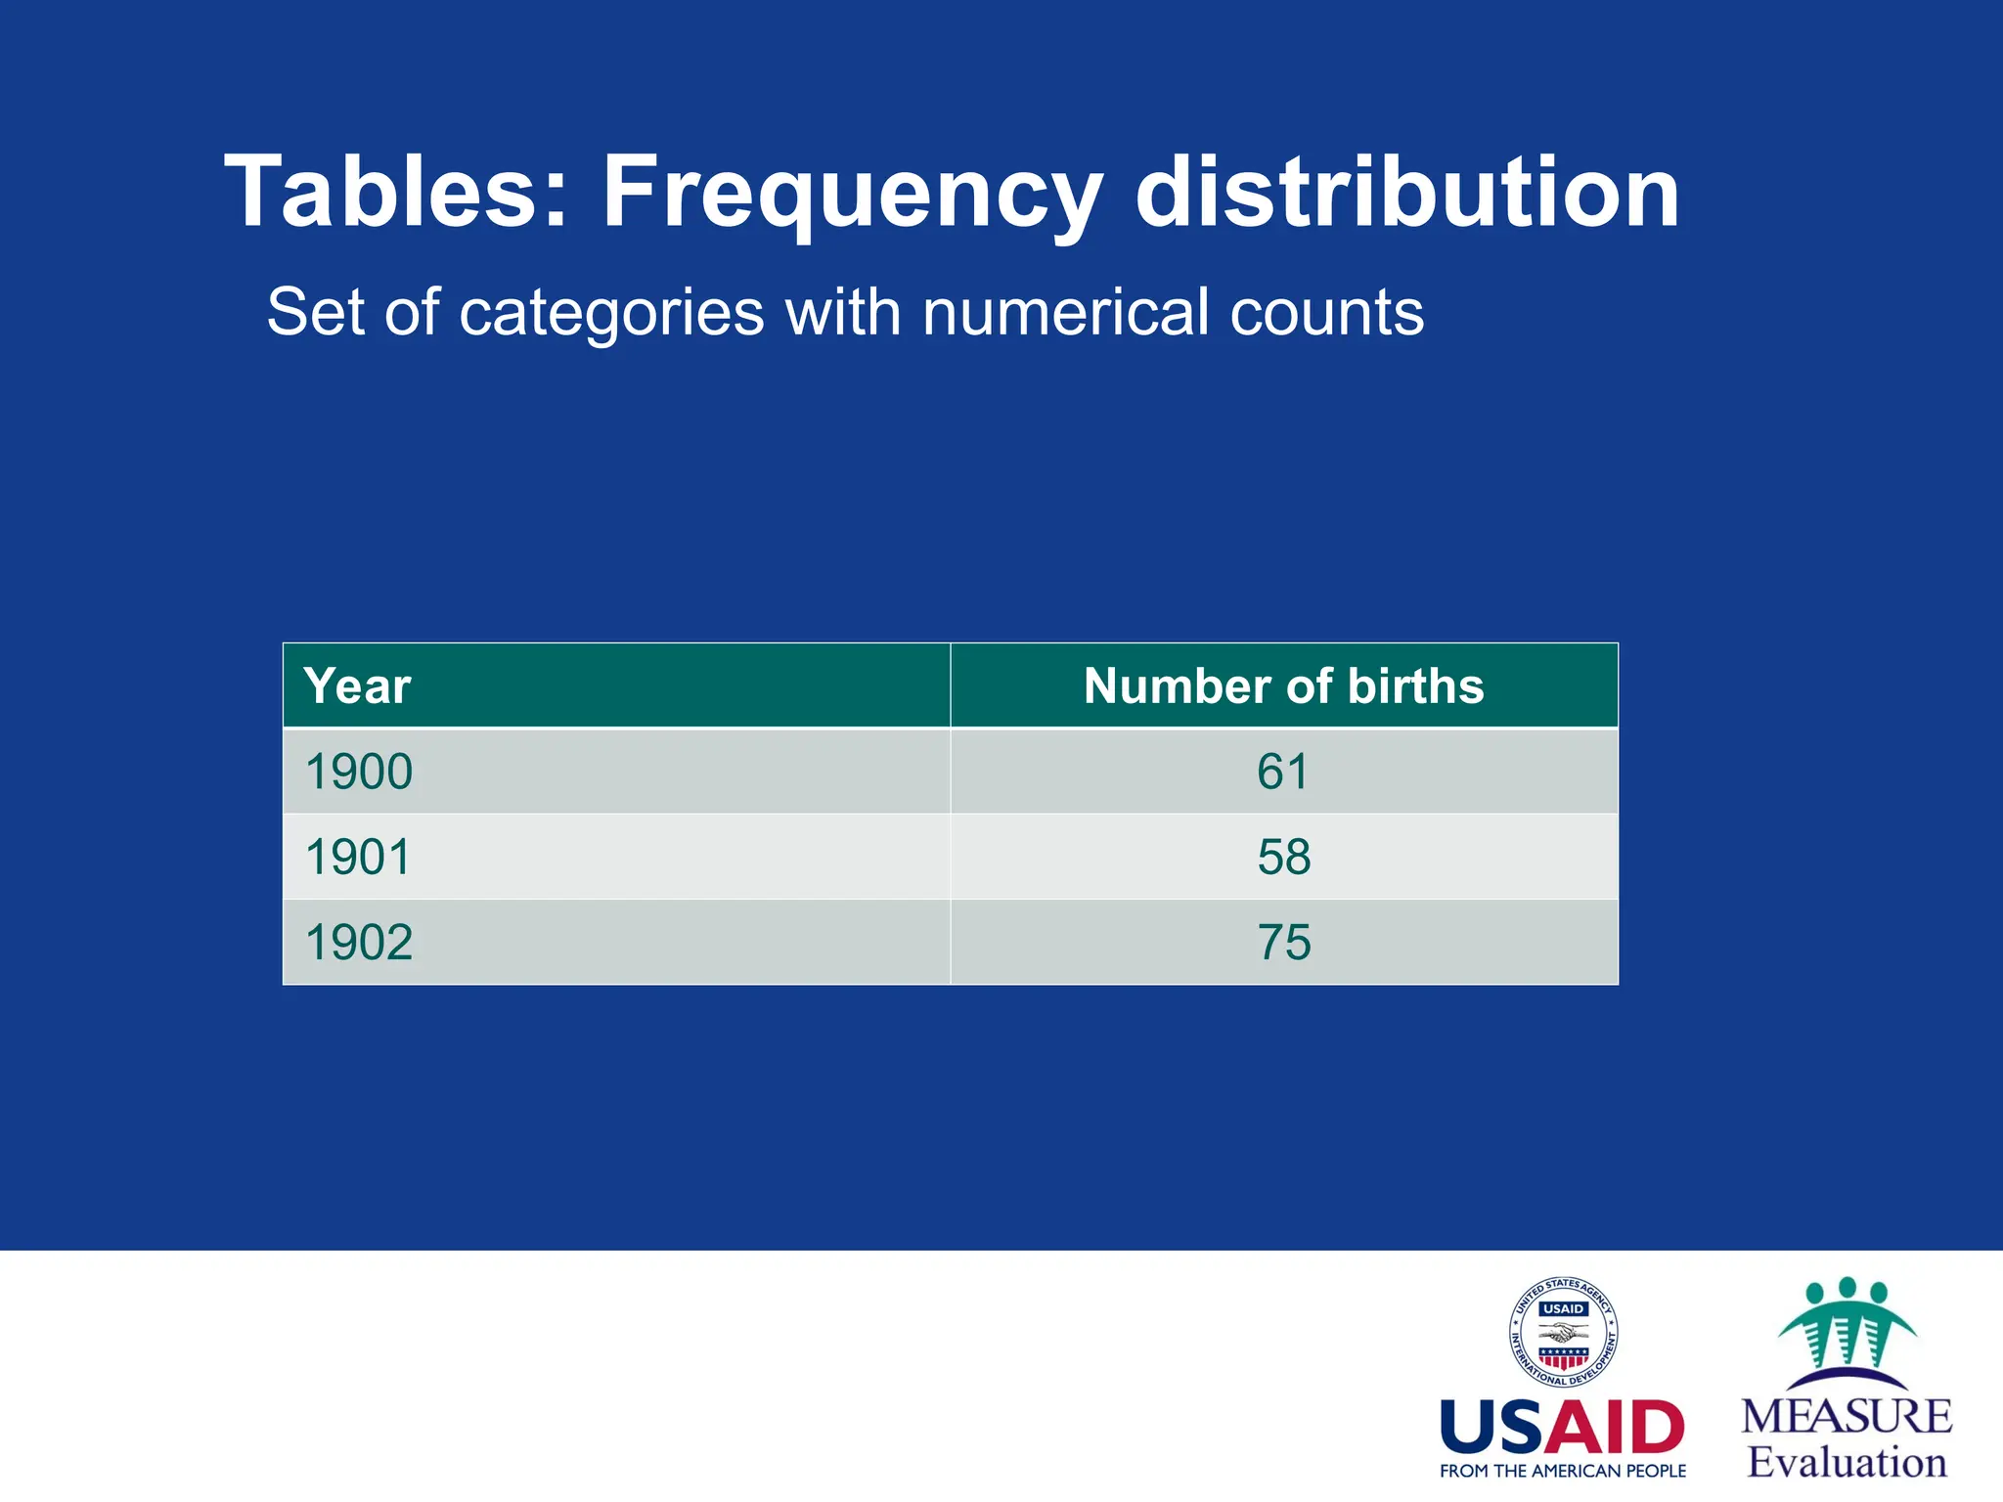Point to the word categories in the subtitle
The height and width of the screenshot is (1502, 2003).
611,313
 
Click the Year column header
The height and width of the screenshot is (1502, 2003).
357,686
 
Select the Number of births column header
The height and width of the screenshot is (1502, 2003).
1283,686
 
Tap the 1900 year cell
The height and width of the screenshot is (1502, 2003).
359,772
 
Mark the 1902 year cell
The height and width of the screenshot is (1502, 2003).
359,943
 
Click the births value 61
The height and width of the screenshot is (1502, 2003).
1283,772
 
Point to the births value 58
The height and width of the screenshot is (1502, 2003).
1283,857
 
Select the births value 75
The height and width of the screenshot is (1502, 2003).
1283,943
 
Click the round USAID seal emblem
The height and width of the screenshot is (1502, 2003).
1563,1332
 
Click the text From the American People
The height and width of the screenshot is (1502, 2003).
1562,1471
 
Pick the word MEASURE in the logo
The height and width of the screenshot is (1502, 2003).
1847,1417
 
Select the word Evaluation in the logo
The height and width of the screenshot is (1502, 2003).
1847,1463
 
